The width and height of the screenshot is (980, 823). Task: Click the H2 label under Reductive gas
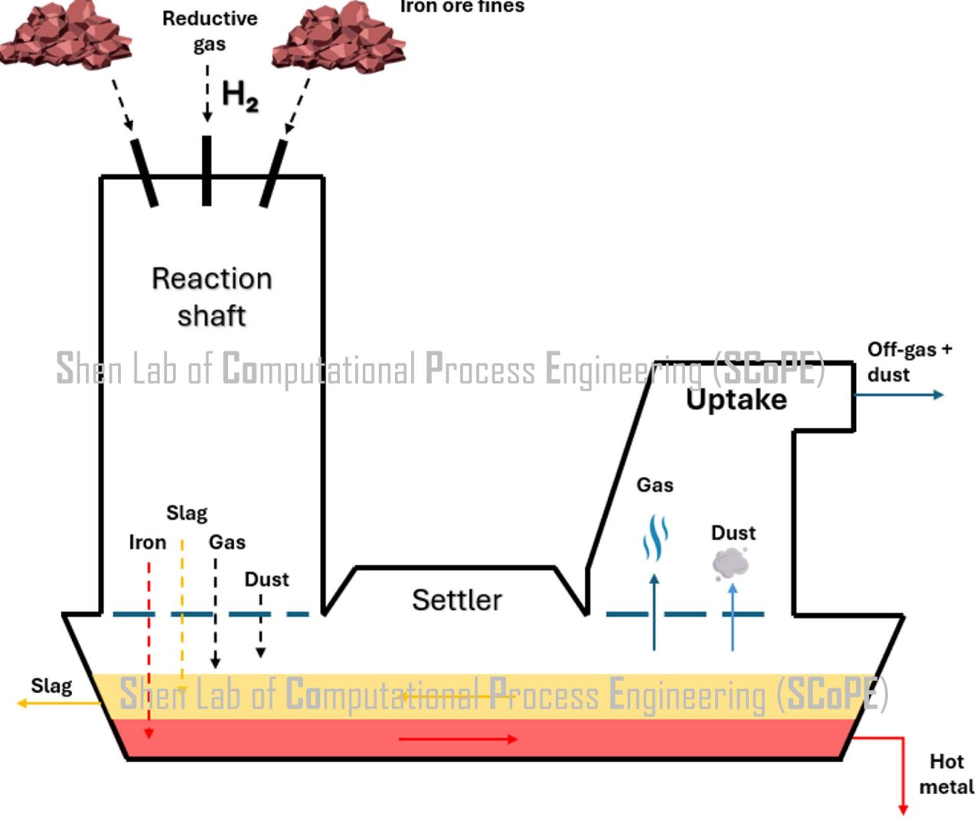point(240,96)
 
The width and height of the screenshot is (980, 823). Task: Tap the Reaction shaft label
point(211,297)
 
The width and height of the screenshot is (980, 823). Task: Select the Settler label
point(457,599)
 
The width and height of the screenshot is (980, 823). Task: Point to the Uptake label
point(736,400)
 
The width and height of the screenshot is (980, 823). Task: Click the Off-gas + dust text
point(909,362)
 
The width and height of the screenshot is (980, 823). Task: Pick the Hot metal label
point(946,774)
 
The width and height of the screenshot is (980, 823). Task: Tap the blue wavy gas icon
point(655,538)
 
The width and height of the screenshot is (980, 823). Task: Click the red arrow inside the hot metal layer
point(458,739)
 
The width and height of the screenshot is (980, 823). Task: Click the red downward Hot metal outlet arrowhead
point(903,808)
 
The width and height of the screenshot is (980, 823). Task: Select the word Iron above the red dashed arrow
point(147,543)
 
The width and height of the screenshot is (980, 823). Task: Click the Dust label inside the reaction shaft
point(266,580)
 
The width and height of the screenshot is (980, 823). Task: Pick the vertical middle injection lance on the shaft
point(207,171)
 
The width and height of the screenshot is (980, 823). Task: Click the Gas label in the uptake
point(655,485)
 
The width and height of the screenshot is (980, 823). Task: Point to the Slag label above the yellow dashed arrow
point(187,513)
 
